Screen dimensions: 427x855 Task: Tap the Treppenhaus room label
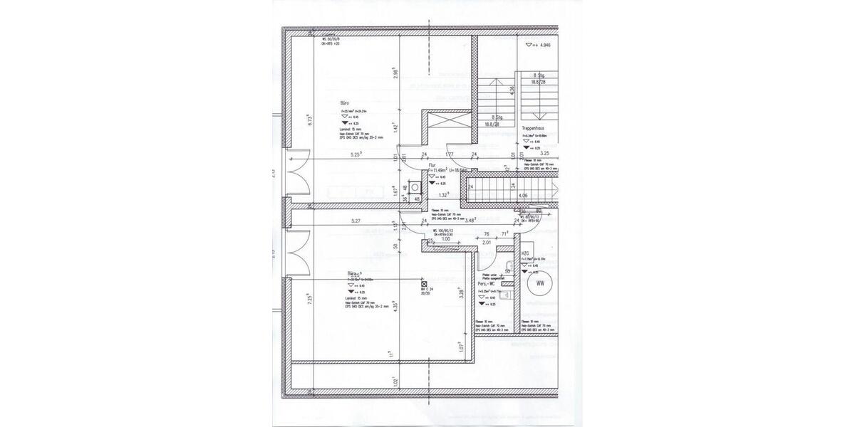click(534, 129)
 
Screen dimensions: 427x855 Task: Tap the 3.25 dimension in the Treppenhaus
click(544, 153)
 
